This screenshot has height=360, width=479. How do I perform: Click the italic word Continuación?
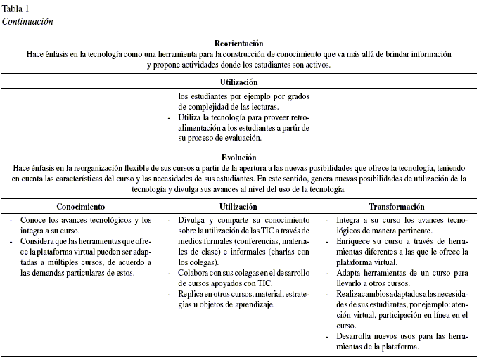click(x=27, y=21)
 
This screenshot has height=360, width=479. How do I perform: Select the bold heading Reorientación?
click(x=239, y=44)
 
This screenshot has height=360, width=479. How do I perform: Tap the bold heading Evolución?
click(x=238, y=158)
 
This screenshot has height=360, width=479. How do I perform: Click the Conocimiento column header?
click(x=81, y=207)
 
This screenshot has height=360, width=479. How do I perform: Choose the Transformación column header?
click(x=397, y=207)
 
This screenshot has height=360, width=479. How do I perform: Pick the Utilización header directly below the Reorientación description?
click(x=238, y=82)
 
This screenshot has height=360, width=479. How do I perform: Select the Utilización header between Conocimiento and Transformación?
click(x=238, y=207)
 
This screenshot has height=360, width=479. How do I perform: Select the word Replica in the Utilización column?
click(x=193, y=294)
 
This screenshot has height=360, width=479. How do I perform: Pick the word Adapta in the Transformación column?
click(x=350, y=273)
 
